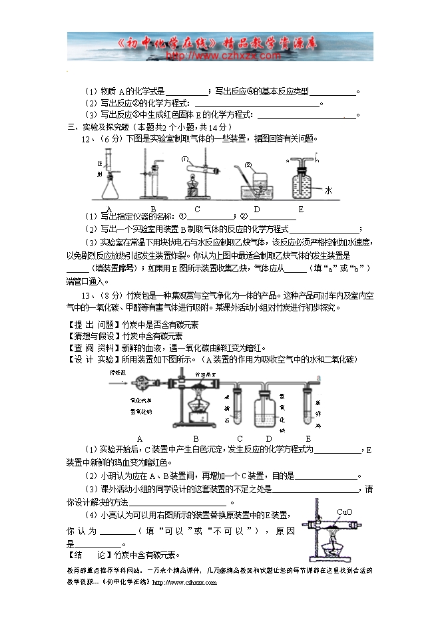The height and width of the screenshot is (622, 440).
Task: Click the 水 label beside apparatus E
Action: click(328, 190)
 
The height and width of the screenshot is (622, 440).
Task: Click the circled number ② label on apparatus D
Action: click(248, 165)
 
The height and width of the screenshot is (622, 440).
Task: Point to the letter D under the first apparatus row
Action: click(256, 210)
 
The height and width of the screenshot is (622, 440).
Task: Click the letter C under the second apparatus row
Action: click(240, 438)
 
